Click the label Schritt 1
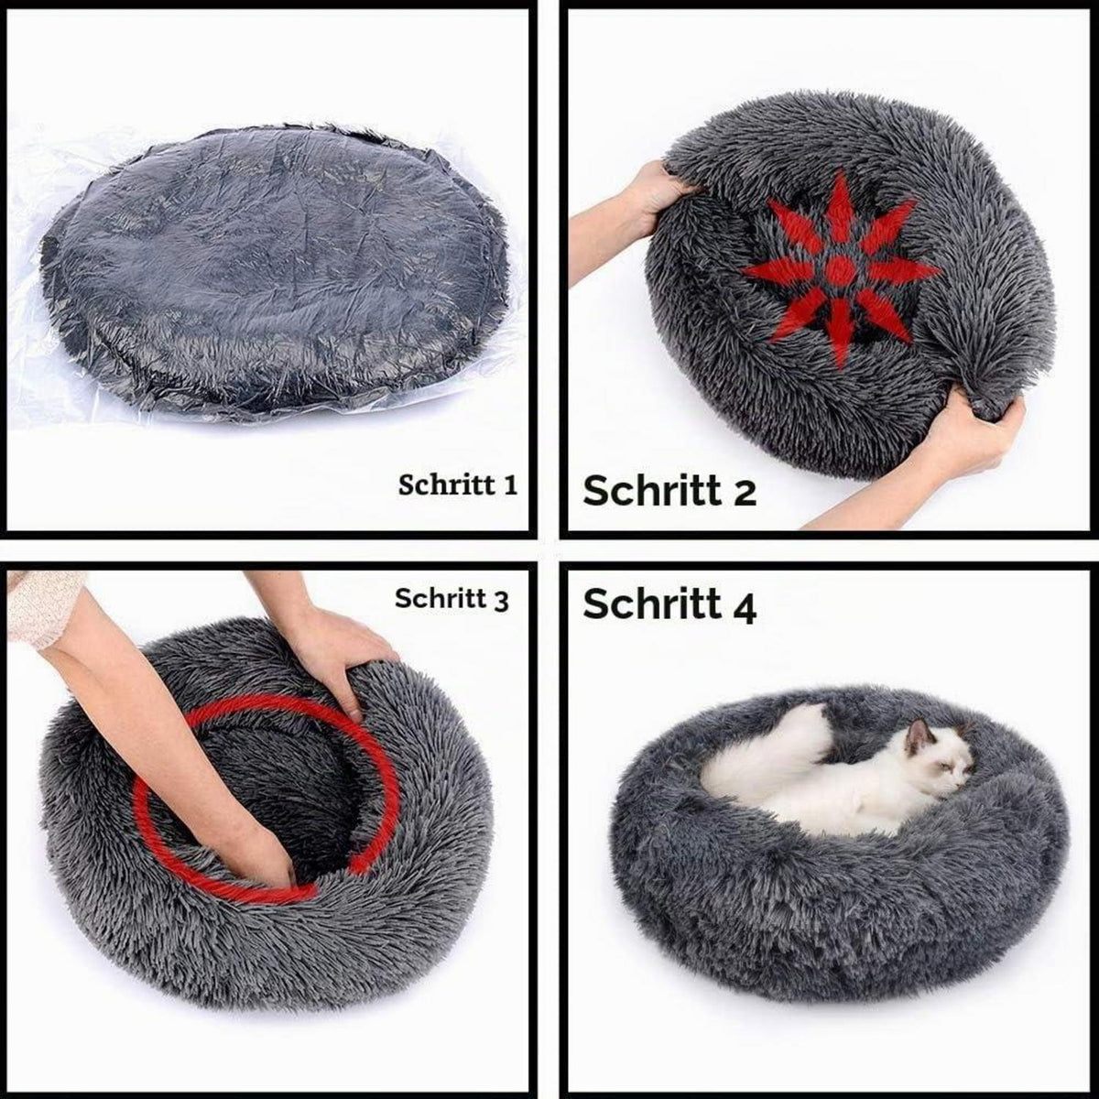pos(457,485)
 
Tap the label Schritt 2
pos(669,491)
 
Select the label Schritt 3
pos(452,599)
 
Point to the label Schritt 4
pos(669,604)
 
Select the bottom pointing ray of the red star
pos(841,331)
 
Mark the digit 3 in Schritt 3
pos(501,602)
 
